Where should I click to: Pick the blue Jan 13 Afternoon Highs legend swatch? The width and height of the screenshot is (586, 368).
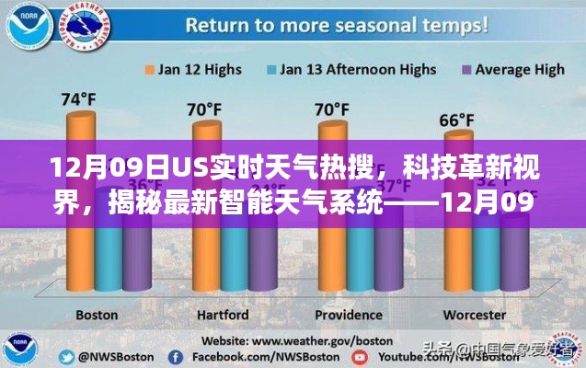271,68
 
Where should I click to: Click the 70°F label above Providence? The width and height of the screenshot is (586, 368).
330,109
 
